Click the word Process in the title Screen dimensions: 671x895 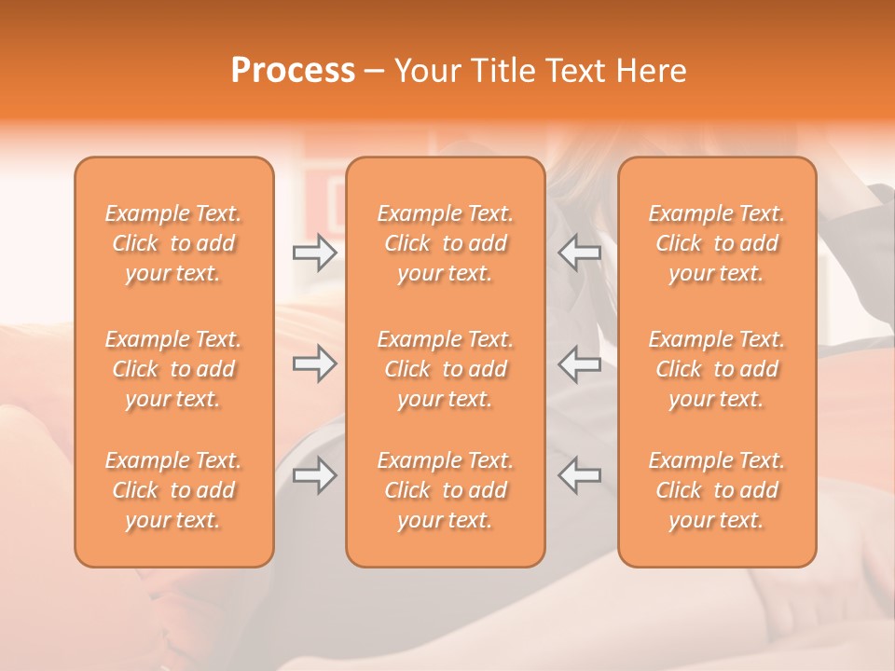coord(293,71)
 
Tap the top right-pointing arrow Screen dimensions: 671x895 coord(314,253)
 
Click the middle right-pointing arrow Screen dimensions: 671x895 coord(314,363)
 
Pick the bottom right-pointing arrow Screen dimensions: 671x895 coord(314,475)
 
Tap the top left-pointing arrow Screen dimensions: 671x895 coord(580,253)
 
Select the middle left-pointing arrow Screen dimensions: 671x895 coord(580,363)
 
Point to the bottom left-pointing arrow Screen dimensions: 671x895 coord(580,475)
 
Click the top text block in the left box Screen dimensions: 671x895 coord(173,243)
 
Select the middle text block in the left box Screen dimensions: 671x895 coord(173,369)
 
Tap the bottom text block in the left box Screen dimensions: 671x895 coord(173,490)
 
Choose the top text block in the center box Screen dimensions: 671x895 coord(446,243)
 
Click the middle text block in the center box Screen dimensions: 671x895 coord(446,369)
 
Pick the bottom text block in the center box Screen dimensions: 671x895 coord(446,490)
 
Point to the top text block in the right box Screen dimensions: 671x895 coord(717,243)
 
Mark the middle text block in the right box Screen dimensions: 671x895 coord(717,369)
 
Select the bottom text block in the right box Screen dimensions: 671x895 coord(717,490)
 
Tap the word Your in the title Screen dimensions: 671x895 coord(425,71)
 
